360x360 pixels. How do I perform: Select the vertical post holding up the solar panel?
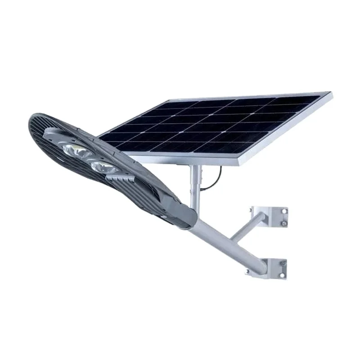(x=195, y=184)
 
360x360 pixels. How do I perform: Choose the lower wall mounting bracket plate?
(x=269, y=269)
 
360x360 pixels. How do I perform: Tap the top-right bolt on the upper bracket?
(x=284, y=211)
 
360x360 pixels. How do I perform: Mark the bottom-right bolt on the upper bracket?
(x=284, y=223)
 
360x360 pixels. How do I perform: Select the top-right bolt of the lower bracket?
(x=283, y=263)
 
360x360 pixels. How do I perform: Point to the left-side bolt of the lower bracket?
(x=247, y=271)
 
